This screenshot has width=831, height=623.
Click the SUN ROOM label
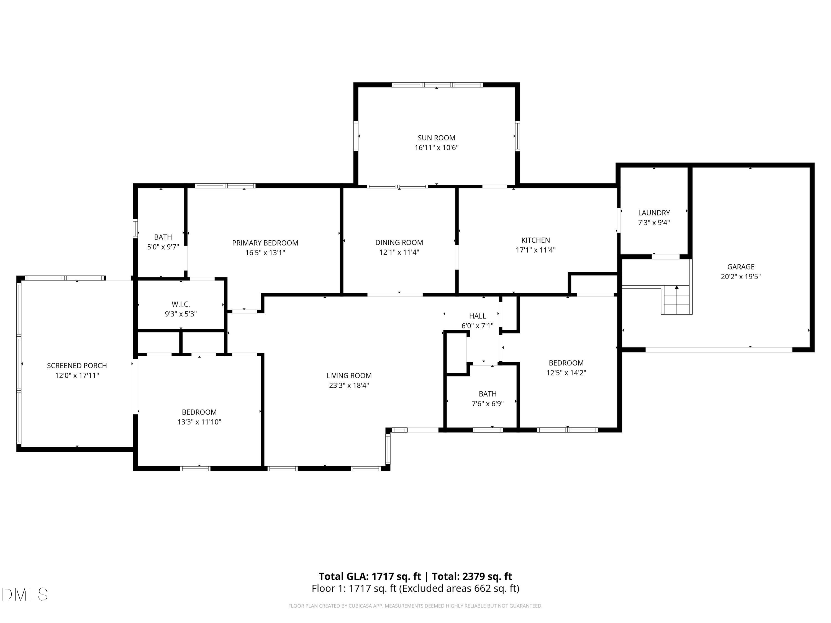click(436, 138)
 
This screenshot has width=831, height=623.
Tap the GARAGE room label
click(740, 267)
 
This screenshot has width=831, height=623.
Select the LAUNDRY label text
click(654, 213)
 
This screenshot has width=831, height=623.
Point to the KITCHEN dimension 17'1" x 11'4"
click(535, 250)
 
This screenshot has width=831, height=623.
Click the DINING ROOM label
click(399, 243)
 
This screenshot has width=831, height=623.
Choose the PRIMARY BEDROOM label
click(265, 243)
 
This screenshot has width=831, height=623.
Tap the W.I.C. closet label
click(181, 304)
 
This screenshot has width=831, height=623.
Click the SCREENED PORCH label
click(77, 365)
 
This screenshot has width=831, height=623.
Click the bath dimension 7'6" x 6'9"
click(488, 404)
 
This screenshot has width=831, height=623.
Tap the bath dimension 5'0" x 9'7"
click(163, 247)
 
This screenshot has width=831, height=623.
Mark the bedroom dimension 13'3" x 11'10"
click(199, 422)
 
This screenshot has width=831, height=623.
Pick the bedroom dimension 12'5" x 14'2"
click(566, 372)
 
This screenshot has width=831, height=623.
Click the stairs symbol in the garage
click(677, 300)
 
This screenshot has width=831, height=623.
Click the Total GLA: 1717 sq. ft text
click(370, 576)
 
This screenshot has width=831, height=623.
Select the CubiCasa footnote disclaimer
click(415, 606)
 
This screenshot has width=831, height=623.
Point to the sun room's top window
click(437, 85)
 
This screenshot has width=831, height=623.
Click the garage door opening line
click(719, 350)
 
